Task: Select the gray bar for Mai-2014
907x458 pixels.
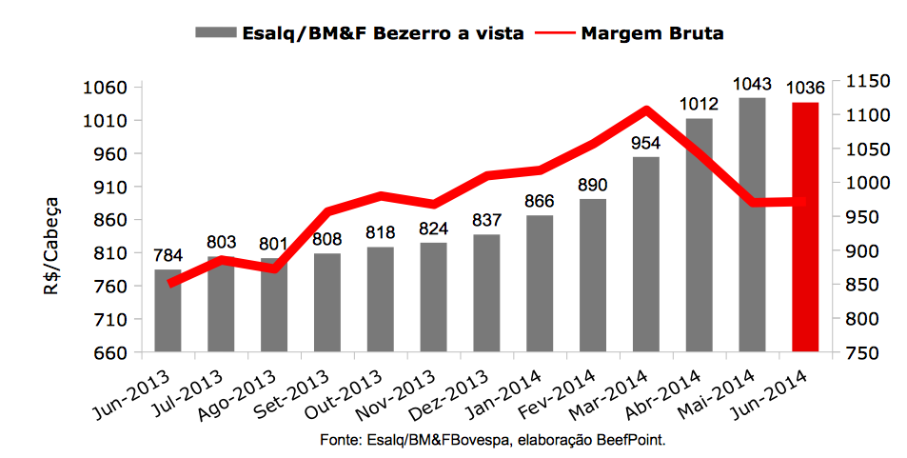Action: [752, 225]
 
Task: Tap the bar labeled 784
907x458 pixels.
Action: [168, 311]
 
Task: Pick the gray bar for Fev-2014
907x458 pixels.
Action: [593, 276]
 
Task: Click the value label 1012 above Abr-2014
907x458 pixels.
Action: [699, 105]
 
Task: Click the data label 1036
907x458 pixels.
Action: [805, 89]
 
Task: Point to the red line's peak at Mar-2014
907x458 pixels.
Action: [646, 110]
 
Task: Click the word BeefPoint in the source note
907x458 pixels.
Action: [623, 442]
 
